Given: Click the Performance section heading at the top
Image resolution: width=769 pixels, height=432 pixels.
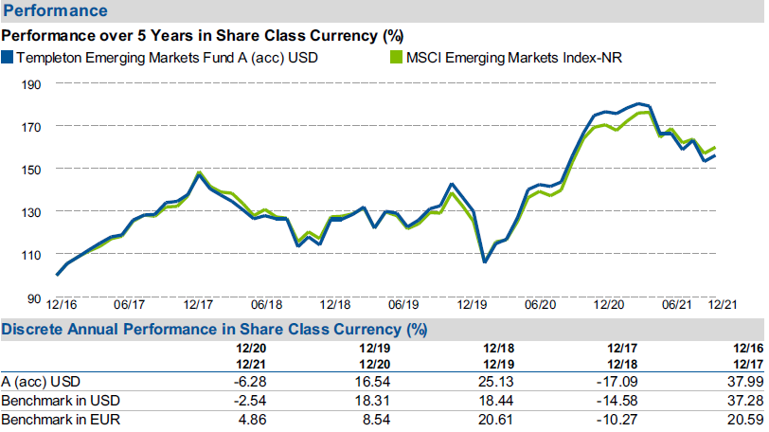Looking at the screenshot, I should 53,11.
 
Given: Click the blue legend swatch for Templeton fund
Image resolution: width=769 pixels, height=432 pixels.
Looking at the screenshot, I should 8,58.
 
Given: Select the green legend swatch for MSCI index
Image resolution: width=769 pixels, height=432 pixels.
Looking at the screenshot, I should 396,58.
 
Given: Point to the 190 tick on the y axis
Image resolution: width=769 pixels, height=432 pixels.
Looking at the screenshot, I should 32,83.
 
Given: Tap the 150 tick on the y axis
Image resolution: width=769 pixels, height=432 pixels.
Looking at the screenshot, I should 32,169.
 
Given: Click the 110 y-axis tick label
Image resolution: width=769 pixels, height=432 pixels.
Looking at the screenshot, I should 32,254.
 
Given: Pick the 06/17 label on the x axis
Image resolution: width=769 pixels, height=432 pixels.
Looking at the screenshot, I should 129,305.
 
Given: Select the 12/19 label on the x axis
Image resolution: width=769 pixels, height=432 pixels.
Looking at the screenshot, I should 473,305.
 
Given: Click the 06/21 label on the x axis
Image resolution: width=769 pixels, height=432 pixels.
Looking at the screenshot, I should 676,305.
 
